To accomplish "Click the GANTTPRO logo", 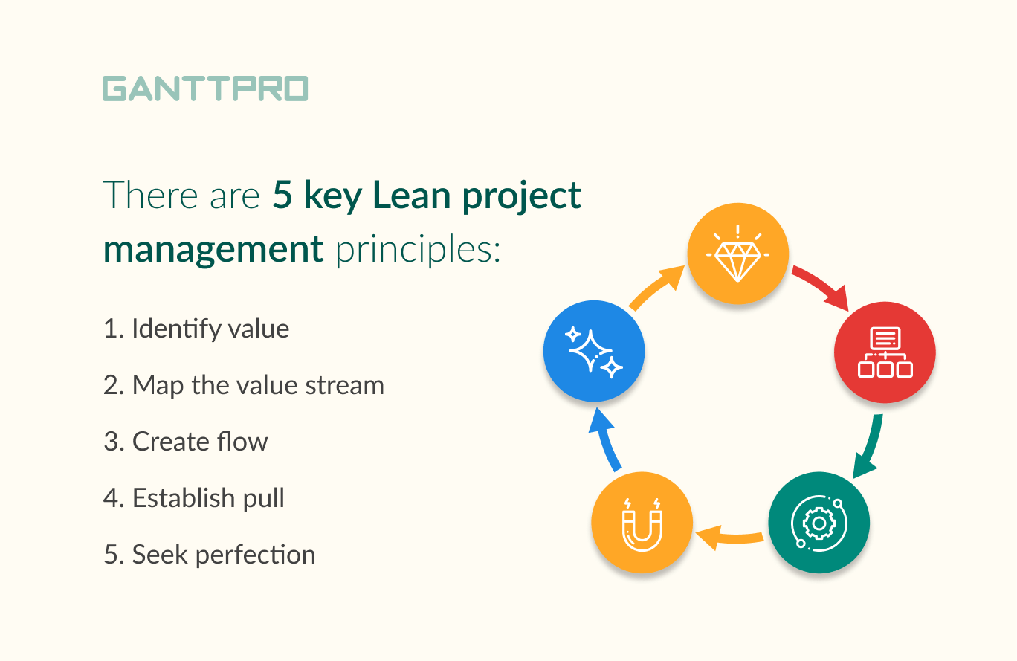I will click(205, 88).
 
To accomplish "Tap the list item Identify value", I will click(196, 329).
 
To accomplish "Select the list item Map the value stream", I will click(244, 385).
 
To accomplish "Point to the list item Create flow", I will click(186, 442).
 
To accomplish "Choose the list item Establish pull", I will click(194, 498).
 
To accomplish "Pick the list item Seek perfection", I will click(210, 555).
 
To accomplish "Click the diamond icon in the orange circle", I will click(737, 254).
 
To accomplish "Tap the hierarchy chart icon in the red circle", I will click(885, 352).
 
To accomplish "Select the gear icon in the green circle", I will click(819, 523).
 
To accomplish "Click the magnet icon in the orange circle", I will click(642, 523).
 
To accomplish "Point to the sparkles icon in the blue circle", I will click(594, 349).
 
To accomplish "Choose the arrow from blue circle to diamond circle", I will click(656, 289).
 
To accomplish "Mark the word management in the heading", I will click(213, 250).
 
